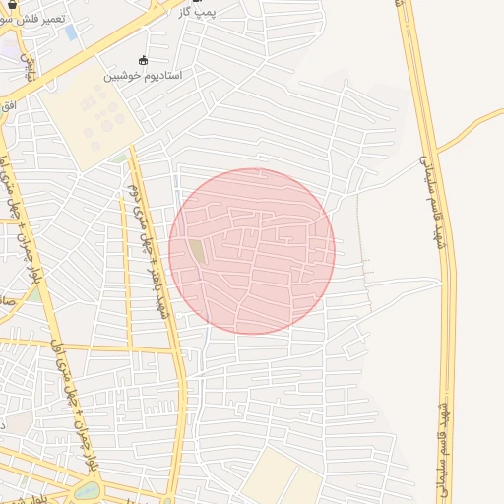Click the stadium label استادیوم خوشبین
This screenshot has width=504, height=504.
pos(145,75)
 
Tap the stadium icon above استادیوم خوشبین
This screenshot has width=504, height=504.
pos(145,60)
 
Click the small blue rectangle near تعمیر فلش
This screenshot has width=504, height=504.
pos(71,32)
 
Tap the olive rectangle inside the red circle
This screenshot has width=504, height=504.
pos(198,252)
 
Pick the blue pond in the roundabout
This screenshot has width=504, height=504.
pos(88,489)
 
